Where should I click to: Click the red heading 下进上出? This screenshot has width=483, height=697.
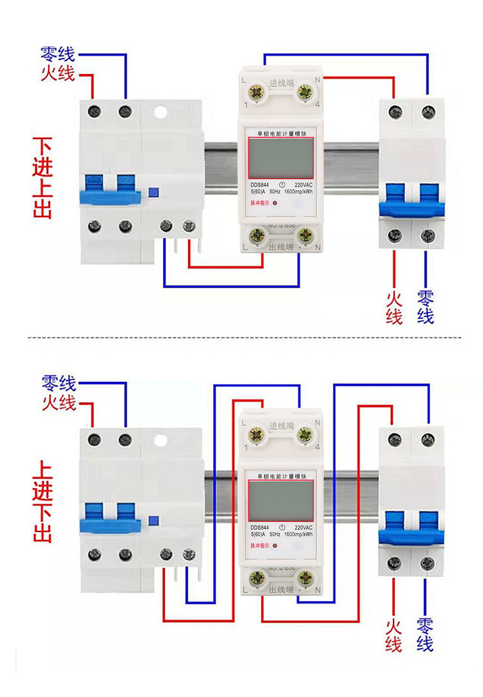[x=42, y=178]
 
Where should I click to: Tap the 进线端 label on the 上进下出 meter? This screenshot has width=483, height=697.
[x=281, y=426]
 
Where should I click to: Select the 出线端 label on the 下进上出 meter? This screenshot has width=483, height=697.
[x=281, y=247]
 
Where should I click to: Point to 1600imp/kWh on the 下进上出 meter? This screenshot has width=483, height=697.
[x=298, y=191]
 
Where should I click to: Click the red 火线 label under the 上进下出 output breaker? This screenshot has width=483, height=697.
[x=394, y=635]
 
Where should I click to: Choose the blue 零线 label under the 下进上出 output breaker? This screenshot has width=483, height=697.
[x=426, y=307]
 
